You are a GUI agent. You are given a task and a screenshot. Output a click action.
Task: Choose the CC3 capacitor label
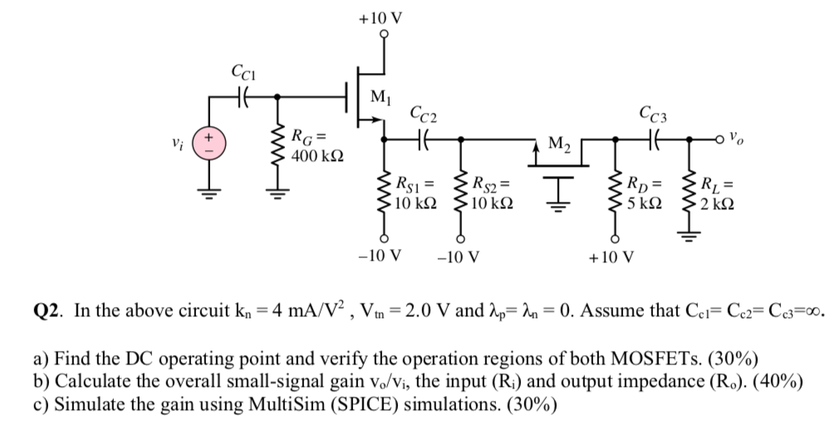coord(653,112)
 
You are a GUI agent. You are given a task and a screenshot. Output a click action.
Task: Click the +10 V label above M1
coord(381,15)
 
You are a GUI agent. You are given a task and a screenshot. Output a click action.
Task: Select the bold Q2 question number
coord(49,311)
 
